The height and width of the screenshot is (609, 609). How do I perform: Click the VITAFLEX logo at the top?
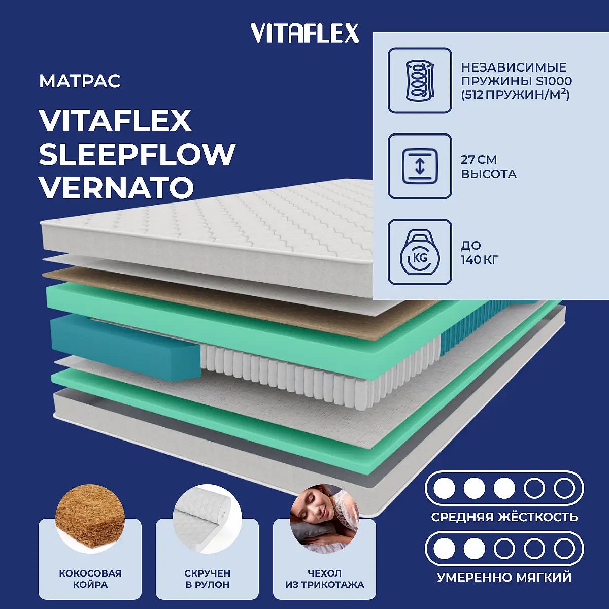304,33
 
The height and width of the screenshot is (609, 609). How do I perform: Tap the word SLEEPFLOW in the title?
137,154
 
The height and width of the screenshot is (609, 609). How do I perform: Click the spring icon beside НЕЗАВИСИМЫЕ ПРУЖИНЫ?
420,80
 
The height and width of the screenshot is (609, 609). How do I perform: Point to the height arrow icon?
420,166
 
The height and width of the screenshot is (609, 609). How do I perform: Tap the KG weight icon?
420,252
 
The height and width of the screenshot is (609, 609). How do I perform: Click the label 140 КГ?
480,260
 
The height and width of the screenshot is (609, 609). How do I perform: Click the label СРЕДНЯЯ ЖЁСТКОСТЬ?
504,517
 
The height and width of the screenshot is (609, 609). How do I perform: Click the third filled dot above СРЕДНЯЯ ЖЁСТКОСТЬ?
504,488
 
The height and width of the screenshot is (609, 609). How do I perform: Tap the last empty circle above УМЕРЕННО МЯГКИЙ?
564,548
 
